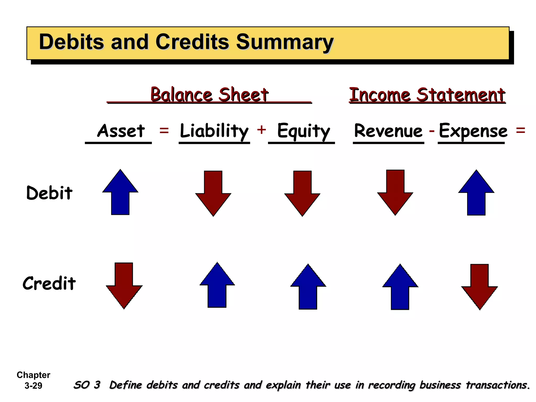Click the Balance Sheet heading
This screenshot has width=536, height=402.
click(x=209, y=94)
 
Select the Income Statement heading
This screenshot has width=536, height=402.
click(x=427, y=95)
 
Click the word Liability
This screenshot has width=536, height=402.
click(x=214, y=131)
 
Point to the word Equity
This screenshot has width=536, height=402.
click(x=303, y=131)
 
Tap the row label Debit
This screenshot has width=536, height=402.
click(x=49, y=193)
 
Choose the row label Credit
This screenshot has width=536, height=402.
click(x=49, y=283)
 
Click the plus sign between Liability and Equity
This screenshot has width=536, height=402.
click(x=261, y=130)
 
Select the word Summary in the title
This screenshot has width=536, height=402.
click(x=285, y=42)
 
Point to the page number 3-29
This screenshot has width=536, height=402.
click(x=33, y=386)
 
